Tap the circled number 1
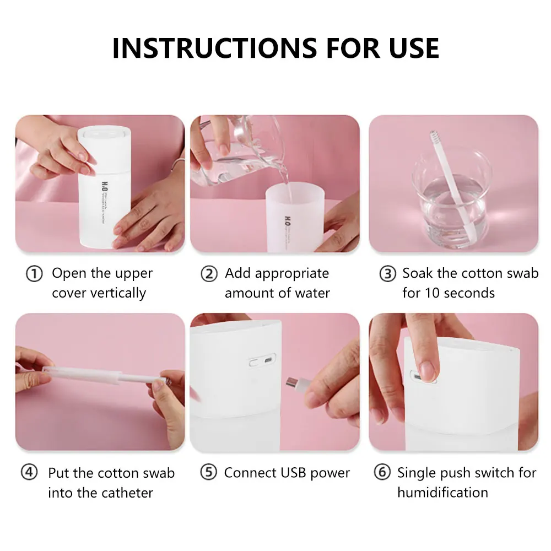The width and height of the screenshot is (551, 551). click(34, 274)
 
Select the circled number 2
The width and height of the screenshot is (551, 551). click(209, 274)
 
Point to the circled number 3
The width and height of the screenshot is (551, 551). click(388, 274)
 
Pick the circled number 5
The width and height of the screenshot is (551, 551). click(208, 473)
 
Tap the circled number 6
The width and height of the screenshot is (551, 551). click(382, 473)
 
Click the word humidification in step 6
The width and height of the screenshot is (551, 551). click(442, 492)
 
